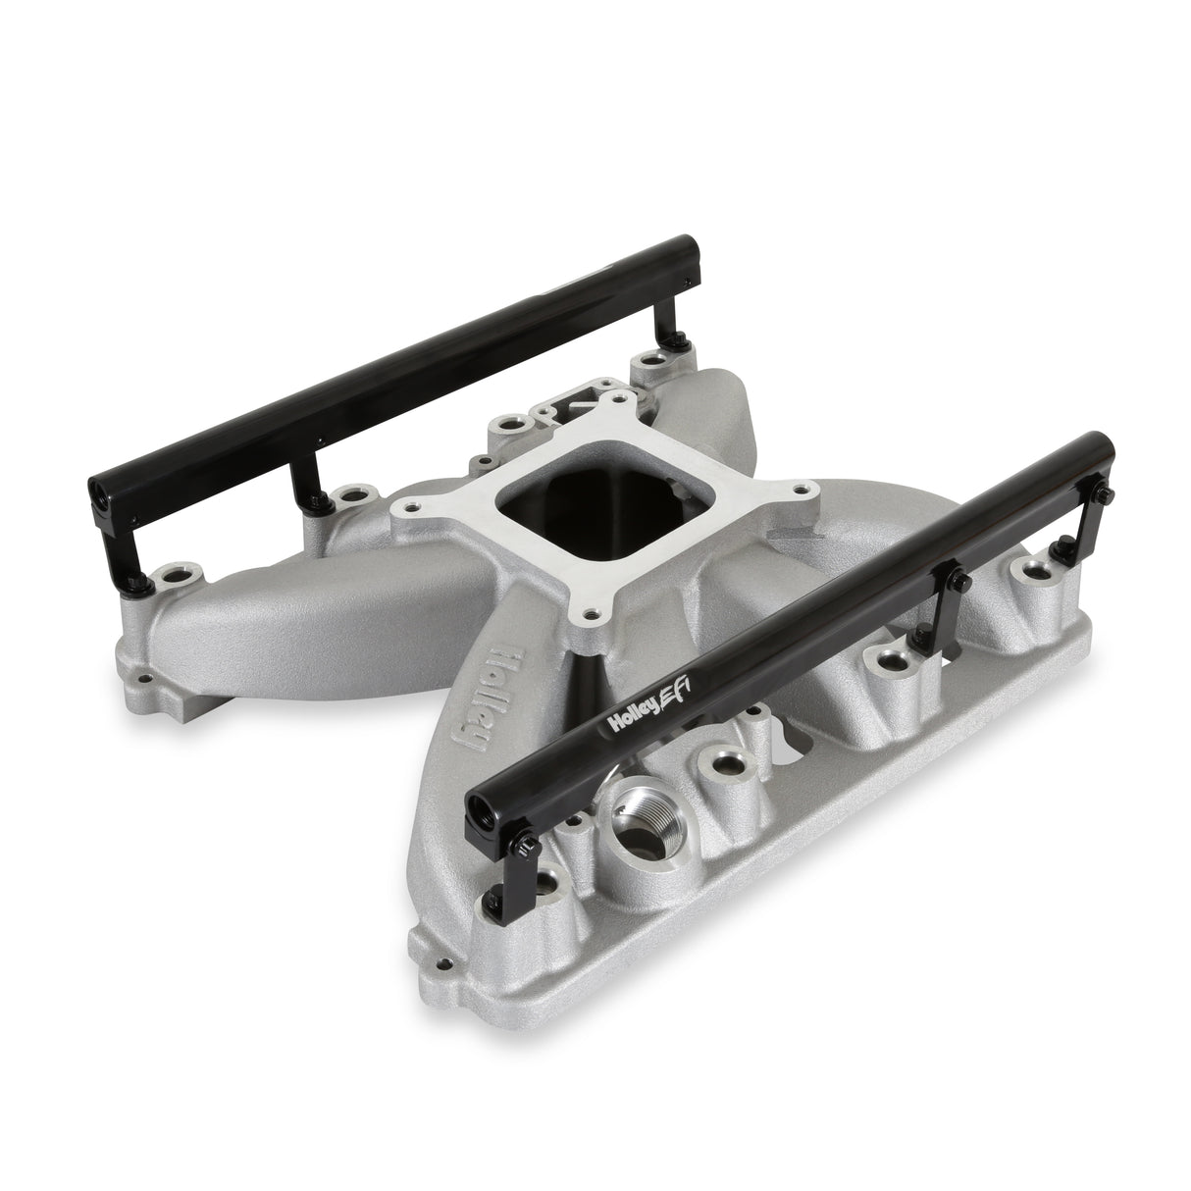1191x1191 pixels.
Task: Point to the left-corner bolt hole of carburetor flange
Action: (406, 508)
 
